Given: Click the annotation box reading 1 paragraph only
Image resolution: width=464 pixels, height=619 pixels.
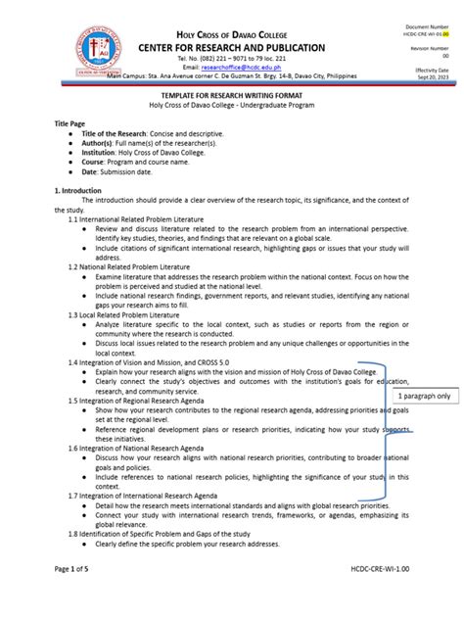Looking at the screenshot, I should click(424, 395).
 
